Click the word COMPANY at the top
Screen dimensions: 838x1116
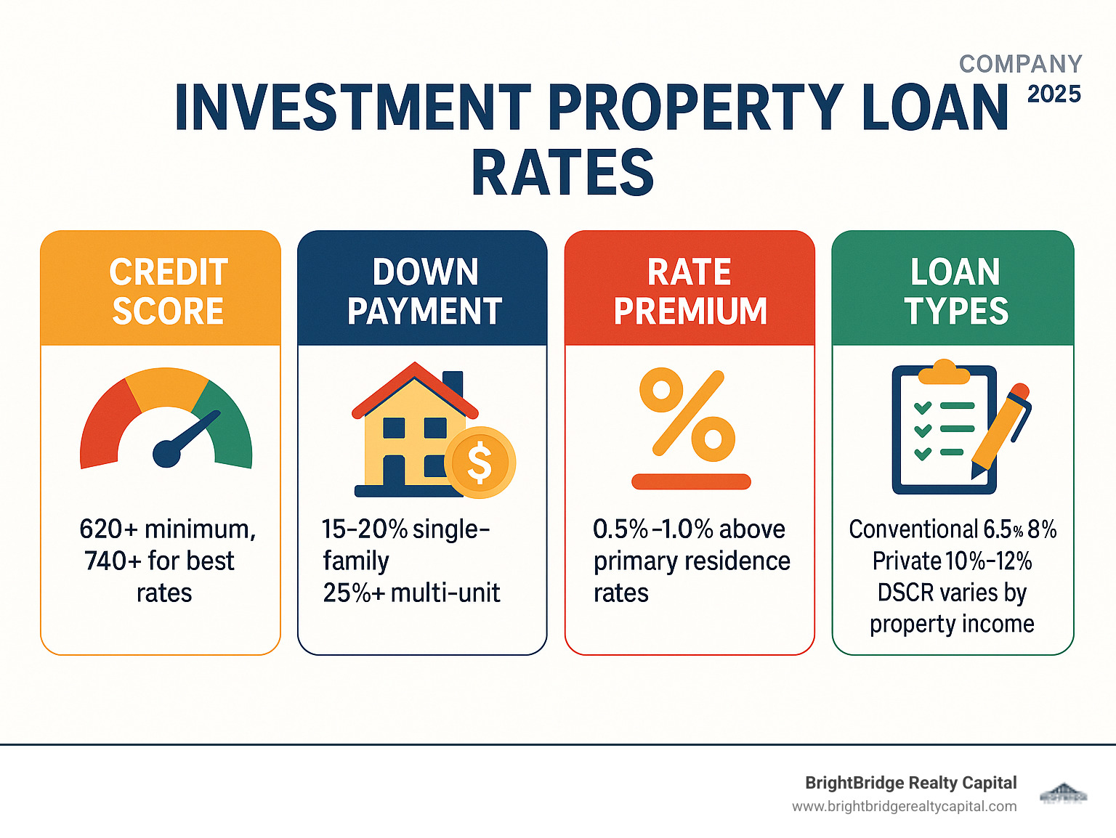[x=1020, y=64]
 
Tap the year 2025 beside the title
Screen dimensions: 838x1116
[x=1054, y=94]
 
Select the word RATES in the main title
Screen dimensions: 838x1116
[x=562, y=173]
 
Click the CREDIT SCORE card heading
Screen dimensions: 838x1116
[x=168, y=291]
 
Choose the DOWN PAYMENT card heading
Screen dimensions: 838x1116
[x=424, y=291]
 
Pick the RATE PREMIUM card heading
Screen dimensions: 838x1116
[x=690, y=291]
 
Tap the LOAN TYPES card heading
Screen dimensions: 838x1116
[x=955, y=291]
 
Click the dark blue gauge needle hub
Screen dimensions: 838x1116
[x=166, y=453]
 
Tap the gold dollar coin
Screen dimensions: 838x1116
[x=480, y=463]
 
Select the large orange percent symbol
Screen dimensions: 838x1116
[x=687, y=414]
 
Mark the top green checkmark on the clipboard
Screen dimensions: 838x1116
[x=923, y=407]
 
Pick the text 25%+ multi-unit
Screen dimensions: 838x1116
[x=411, y=593]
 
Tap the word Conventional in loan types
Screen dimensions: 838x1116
[x=913, y=529]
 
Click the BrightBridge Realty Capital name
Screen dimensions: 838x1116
[x=910, y=783]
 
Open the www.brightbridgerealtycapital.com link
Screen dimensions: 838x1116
[x=904, y=806]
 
